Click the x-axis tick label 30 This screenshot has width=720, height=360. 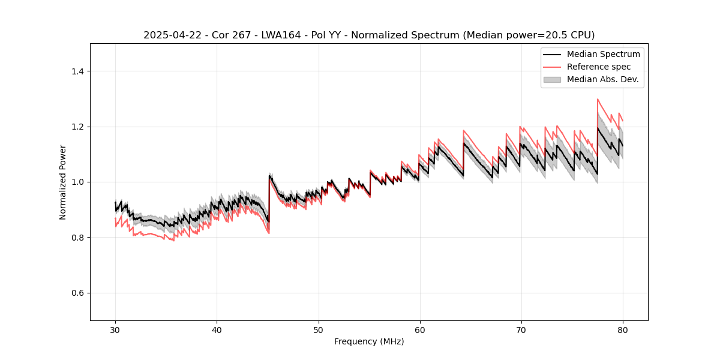pyautogui.click(x=115, y=330)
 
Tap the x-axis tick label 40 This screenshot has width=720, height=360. pyautogui.click(x=217, y=330)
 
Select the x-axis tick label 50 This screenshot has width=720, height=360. pyautogui.click(x=318, y=330)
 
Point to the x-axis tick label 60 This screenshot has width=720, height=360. pyautogui.click(x=419, y=330)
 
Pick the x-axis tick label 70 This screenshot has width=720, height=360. pyautogui.click(x=521, y=330)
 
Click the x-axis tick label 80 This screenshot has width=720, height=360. pyautogui.click(x=622, y=330)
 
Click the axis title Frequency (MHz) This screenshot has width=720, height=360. pyautogui.click(x=369, y=341)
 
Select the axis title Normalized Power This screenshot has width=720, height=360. pyautogui.click(x=63, y=182)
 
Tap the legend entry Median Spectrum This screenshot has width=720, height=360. pyautogui.click(x=603, y=54)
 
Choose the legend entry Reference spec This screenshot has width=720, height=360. pyautogui.click(x=599, y=67)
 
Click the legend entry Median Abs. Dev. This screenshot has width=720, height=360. pyautogui.click(x=602, y=79)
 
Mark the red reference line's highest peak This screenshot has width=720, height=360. pyautogui.click(x=598, y=99)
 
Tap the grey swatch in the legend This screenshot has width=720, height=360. pyautogui.click(x=552, y=79)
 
